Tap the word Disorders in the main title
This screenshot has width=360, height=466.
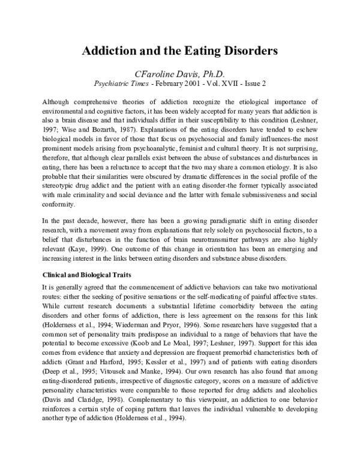(248, 52)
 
